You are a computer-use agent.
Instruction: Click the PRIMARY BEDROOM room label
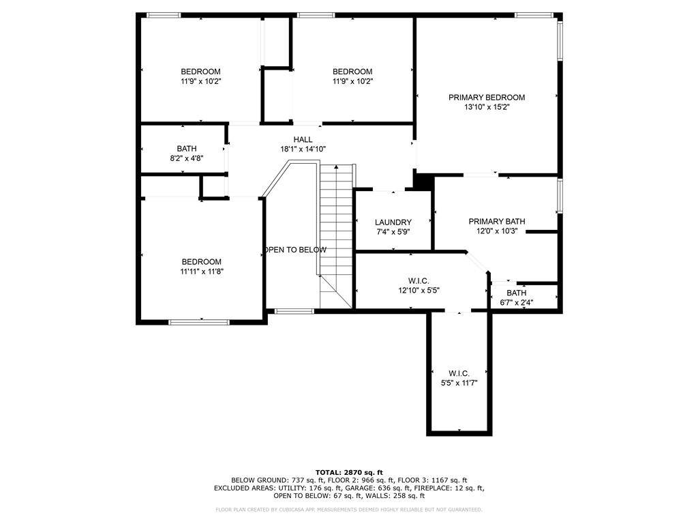tap(487, 98)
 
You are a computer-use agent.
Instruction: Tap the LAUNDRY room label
tap(393, 222)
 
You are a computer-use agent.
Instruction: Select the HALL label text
tap(303, 140)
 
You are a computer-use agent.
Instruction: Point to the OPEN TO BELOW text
tap(295, 250)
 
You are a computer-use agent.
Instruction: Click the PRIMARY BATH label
tap(497, 222)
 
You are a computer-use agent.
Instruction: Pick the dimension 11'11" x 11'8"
tap(202, 272)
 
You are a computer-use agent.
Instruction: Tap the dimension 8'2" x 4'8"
tap(187, 158)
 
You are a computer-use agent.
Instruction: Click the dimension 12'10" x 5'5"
tap(419, 291)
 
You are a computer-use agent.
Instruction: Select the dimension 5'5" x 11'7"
tap(459, 383)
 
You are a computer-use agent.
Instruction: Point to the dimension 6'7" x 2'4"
tap(517, 302)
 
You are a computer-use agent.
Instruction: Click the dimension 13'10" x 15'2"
tap(487, 107)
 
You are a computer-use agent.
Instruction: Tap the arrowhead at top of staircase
tap(336, 166)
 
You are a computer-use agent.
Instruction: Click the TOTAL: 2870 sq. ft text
tap(349, 472)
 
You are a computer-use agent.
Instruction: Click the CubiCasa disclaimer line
tap(349, 509)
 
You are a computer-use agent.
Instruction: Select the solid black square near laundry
tap(423, 181)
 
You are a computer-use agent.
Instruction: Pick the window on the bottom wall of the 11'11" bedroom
tap(199, 322)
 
